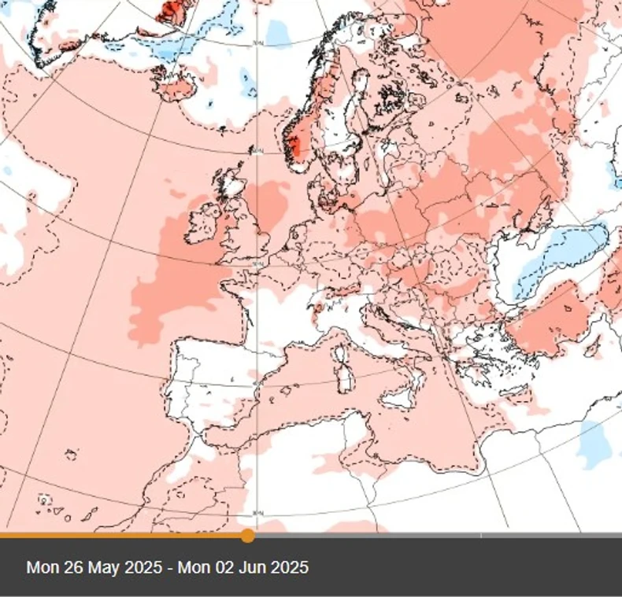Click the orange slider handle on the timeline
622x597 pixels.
pos(247,536)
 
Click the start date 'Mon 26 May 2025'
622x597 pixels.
pos(95,567)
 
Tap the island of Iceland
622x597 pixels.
pos(176,87)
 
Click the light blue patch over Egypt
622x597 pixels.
pos(594,445)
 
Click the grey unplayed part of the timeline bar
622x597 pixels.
pos(433,536)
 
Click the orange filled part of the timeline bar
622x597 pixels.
pos(118,536)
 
